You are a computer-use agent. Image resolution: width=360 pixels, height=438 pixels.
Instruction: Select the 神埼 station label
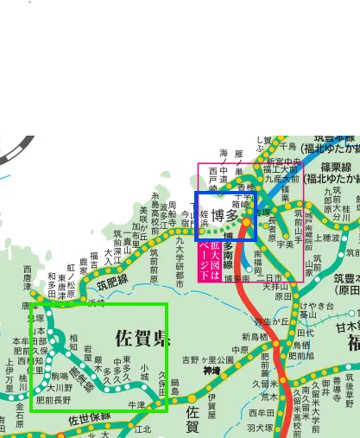pyautogui.click(x=212, y=371)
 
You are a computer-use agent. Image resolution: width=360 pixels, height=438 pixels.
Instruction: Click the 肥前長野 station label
pyautogui.click(x=53, y=400)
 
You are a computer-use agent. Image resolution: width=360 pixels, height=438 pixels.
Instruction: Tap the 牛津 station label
pyautogui.click(x=136, y=404)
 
